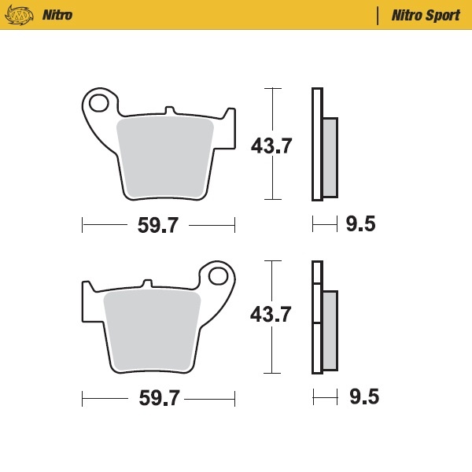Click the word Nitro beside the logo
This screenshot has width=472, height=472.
(57, 15)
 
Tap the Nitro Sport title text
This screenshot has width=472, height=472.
(426, 15)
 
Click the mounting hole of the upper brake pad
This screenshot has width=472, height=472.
(100, 102)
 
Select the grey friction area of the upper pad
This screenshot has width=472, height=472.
(165, 157)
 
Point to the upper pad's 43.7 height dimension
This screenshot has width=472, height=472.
(271, 146)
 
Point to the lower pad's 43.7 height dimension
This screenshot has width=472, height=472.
(271, 315)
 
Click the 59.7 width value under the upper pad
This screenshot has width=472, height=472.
(158, 227)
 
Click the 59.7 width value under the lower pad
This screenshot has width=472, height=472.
(159, 399)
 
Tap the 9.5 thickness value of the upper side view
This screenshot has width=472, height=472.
(360, 225)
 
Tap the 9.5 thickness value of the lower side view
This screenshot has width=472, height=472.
(363, 397)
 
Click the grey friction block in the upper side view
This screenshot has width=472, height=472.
(330, 157)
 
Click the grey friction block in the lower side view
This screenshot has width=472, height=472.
(330, 330)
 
